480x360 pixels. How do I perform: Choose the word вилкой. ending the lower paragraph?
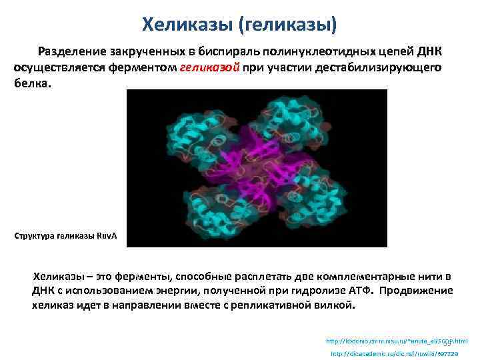338,306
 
